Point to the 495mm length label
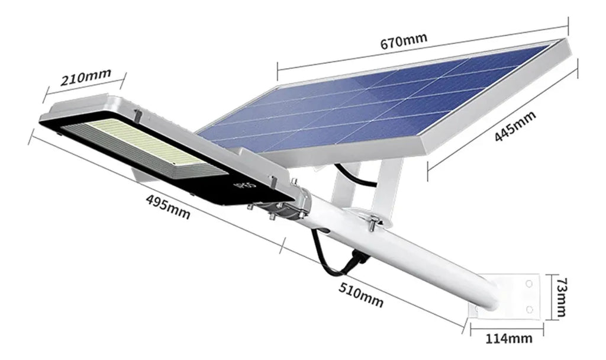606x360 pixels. (168, 207)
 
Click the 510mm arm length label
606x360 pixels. (361, 294)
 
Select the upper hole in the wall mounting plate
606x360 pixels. (528, 285)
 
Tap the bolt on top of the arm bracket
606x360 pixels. (373, 221)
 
